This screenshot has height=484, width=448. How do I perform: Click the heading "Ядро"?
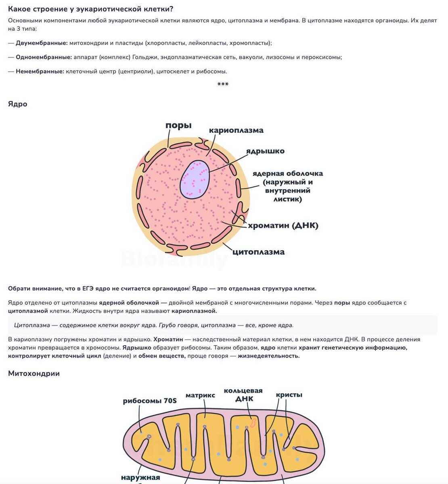(18, 104)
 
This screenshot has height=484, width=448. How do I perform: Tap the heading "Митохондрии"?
(34, 373)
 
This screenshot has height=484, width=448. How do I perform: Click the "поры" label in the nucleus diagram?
(178, 125)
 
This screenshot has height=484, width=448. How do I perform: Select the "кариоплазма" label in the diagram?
(236, 130)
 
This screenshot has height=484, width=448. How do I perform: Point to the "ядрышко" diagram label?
(265, 151)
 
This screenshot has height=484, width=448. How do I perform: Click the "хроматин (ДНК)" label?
(283, 225)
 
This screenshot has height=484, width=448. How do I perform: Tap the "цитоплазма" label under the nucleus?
(258, 252)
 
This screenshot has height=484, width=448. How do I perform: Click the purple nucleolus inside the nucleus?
(195, 179)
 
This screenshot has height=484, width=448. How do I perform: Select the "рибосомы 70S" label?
(150, 401)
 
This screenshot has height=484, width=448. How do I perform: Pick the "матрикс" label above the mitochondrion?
(200, 395)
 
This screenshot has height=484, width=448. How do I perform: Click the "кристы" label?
(289, 395)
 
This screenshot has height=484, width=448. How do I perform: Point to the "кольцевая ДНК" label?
(243, 395)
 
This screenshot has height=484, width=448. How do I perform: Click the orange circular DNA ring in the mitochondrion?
(253, 423)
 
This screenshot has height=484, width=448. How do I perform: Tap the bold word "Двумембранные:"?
(42, 43)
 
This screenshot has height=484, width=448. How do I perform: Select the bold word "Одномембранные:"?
(44, 57)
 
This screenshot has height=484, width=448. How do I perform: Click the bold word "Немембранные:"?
(40, 71)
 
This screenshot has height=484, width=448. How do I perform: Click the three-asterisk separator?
(223, 84)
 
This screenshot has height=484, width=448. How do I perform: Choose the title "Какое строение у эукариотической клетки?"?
(93, 9)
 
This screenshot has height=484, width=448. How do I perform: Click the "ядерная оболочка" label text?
(288, 173)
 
